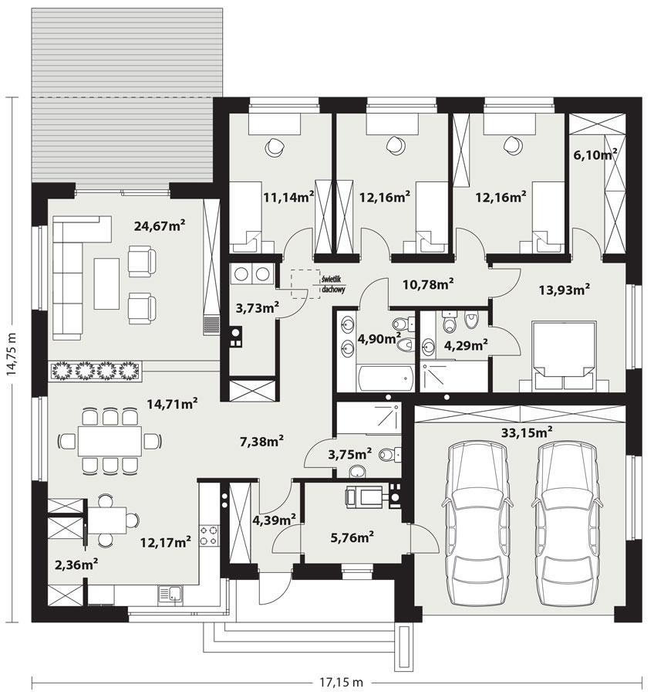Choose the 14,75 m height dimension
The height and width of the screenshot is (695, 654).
(12, 358)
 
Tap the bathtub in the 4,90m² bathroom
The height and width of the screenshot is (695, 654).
(383, 378)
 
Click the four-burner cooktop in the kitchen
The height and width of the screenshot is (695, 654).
(208, 534)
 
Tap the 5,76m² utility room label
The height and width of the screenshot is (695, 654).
(349, 534)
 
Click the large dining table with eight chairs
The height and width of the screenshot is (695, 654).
(110, 441)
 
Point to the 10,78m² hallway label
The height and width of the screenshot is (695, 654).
(427, 284)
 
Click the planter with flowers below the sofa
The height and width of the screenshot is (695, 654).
(97, 371)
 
